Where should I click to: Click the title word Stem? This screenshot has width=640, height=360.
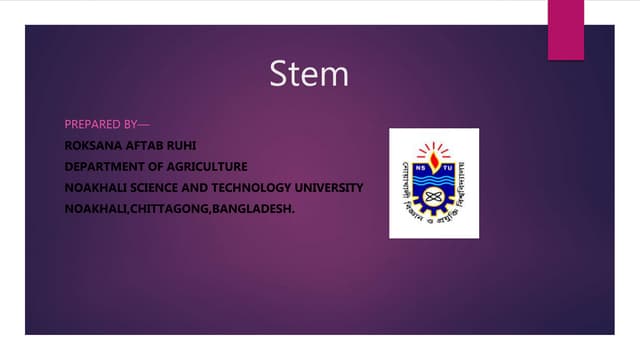point(309,75)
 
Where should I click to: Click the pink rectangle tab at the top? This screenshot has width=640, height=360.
point(565,28)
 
